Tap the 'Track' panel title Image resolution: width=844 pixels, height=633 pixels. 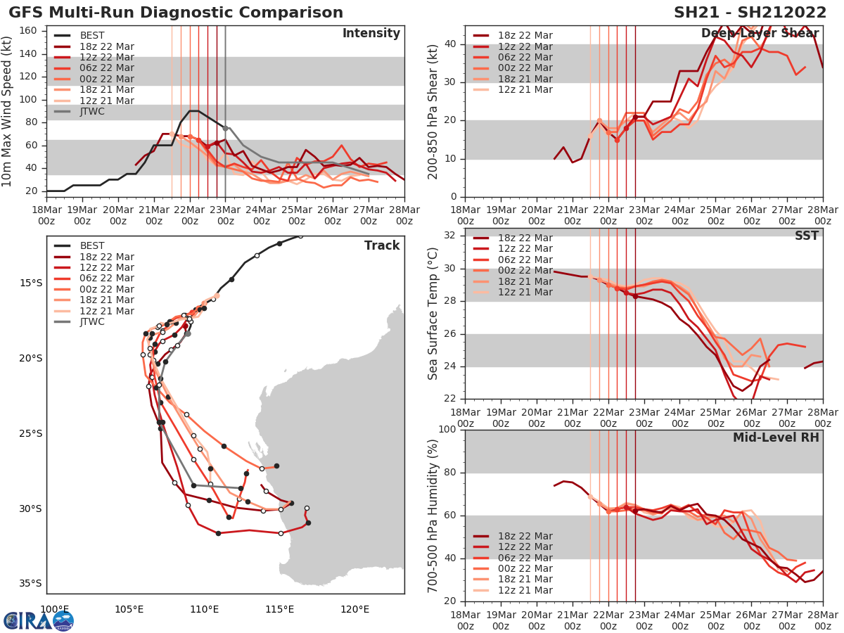(382, 245)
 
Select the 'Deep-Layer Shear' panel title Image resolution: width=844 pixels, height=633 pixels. (760, 34)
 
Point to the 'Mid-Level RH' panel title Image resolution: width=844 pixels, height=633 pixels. (776, 437)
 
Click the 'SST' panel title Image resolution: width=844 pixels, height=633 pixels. (806, 236)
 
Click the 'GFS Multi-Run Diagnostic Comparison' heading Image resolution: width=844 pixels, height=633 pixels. (176, 13)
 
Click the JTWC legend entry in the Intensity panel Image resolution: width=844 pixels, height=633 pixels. (92, 111)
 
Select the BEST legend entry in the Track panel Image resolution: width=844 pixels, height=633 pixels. (92, 245)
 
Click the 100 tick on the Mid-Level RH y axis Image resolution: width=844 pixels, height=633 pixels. (449, 429)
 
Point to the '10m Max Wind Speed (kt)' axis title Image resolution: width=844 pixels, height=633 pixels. (8, 111)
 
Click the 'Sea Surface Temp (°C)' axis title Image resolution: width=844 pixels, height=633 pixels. (433, 314)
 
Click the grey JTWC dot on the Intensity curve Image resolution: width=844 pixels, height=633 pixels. (226, 128)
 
